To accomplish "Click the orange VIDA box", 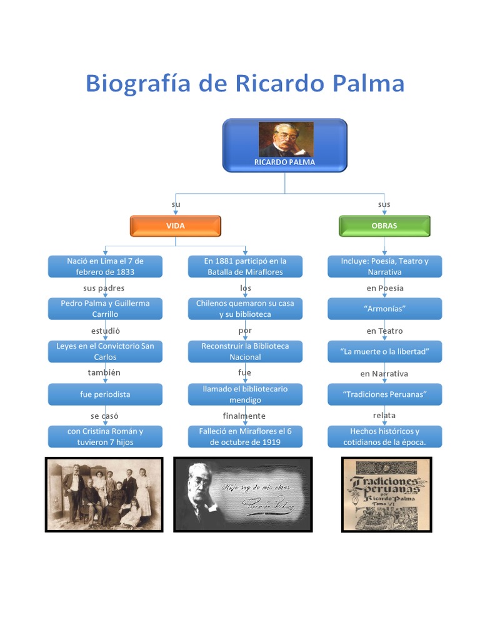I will (x=175, y=226).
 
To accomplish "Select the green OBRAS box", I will (x=384, y=226).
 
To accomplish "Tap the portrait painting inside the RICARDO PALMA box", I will (x=286, y=139).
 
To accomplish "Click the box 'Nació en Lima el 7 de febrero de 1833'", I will (x=105, y=266).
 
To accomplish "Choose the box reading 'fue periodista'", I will (x=105, y=394).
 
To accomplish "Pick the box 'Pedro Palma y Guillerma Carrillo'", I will (x=105, y=308).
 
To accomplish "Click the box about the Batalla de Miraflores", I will (x=245, y=266).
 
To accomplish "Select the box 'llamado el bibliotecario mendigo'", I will (x=245, y=394).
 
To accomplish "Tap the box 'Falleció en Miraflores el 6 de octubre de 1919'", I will (x=245, y=436).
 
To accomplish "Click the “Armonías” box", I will (x=384, y=309).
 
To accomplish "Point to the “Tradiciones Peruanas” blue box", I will (x=384, y=394).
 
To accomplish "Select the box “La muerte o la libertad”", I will (x=384, y=351).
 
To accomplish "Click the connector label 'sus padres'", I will (x=104, y=288).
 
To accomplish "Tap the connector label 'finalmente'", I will (x=244, y=416).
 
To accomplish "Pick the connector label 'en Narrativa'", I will (x=384, y=374).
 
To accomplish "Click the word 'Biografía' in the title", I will (x=137, y=84).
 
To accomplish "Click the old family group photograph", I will (x=104, y=494).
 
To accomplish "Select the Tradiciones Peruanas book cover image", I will (x=386, y=494).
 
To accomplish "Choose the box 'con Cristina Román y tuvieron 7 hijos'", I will (x=105, y=436).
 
